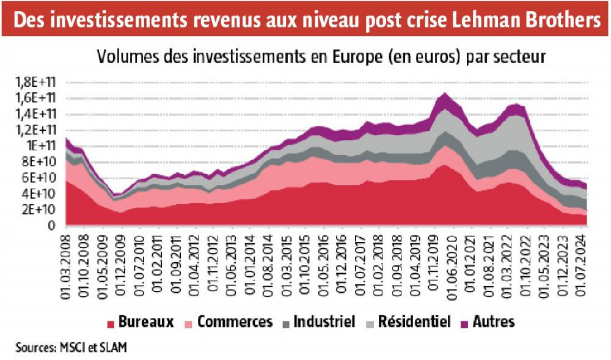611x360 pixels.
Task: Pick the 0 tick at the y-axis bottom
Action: [x=53, y=226]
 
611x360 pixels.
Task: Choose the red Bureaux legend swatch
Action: [x=110, y=323]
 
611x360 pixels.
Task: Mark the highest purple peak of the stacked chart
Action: [x=445, y=95]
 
